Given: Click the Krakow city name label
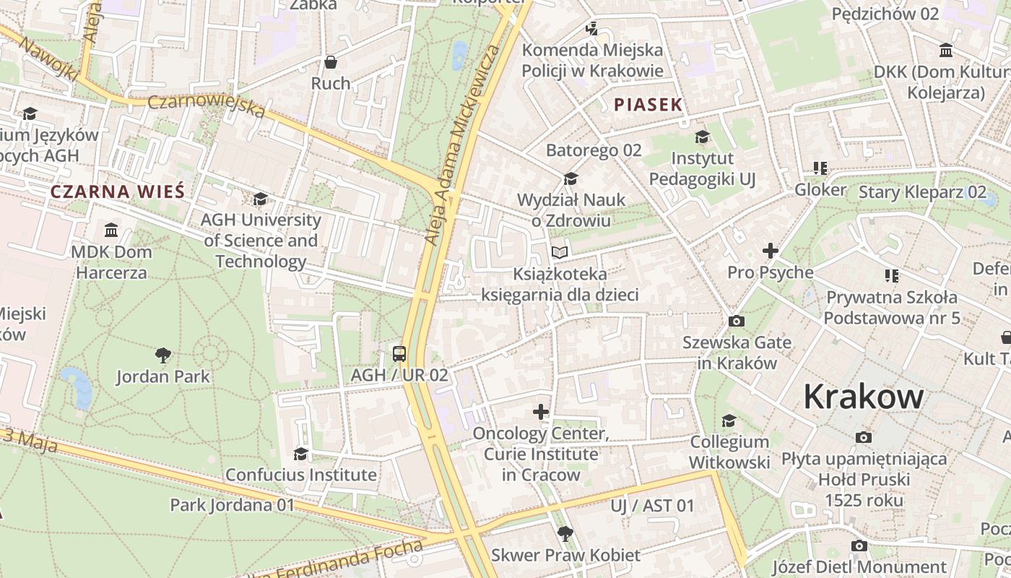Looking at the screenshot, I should [x=863, y=397].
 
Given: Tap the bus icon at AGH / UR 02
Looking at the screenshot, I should [x=399, y=353].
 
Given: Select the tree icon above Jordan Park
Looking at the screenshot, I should [x=163, y=355].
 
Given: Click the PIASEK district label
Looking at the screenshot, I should [x=648, y=104].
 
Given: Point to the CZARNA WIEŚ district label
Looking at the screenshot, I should [x=118, y=191].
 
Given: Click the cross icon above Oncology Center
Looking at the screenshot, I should [x=541, y=412].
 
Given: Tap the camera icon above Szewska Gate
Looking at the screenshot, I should [x=737, y=321].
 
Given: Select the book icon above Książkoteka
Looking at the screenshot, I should [x=560, y=252].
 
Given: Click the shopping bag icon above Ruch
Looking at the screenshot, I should [x=331, y=62].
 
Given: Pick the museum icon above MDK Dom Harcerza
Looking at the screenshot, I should [x=111, y=230].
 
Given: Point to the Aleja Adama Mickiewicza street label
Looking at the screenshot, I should [x=462, y=144].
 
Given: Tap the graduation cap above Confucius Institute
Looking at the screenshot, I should [x=300, y=453].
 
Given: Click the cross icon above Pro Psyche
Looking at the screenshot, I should [x=771, y=251].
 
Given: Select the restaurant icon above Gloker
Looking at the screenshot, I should [x=820, y=168].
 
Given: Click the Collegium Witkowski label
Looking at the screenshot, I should [x=729, y=452].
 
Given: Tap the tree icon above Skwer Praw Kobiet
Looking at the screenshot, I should [x=565, y=534].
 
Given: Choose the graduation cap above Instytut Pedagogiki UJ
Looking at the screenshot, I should [x=702, y=137].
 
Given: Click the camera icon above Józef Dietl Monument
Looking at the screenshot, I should [x=859, y=545].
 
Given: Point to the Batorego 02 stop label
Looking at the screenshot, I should [x=594, y=150].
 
